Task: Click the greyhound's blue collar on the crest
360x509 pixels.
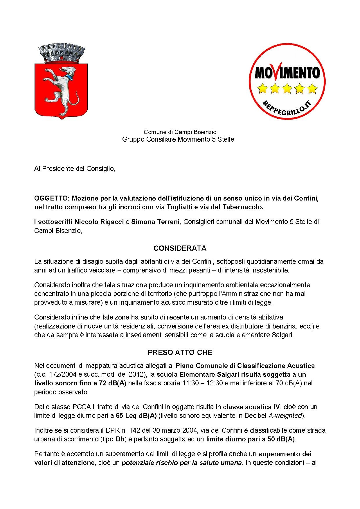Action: coord(69,77)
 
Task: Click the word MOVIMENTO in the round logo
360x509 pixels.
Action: coord(287,72)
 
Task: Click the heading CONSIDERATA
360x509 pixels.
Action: coord(180,248)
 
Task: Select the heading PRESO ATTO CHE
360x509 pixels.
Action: coord(180,353)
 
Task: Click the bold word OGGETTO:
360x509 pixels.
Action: coord(52,198)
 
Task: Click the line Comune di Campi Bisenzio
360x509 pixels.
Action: coord(180,132)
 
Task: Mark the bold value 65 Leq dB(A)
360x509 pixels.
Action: coord(136,416)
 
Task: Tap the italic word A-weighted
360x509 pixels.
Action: coord(285,416)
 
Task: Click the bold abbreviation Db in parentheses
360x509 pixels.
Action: coord(120,439)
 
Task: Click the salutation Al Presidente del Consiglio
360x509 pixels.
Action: coord(75,169)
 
